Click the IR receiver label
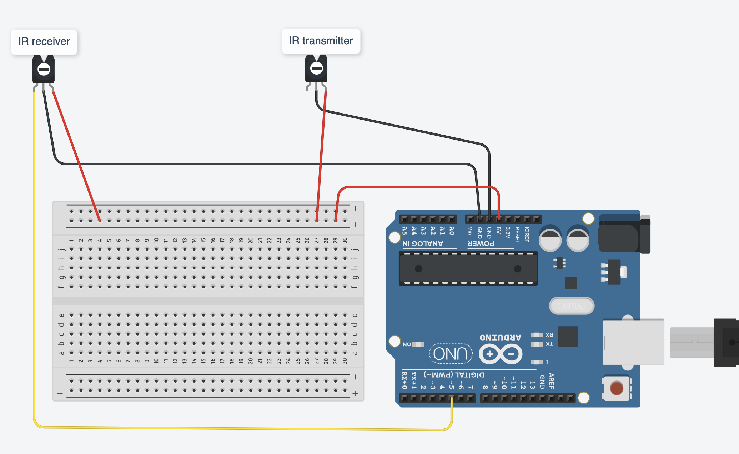(44, 42)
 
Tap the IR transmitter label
(321, 41)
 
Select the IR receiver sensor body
(44, 69)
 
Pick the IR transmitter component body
(316, 69)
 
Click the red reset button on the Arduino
(617, 388)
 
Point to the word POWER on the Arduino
(481, 244)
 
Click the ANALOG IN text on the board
(423, 244)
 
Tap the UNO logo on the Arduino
(450, 354)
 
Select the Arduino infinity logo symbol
(501, 354)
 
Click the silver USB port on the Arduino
(633, 342)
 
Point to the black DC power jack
(624, 234)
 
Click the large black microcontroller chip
(468, 268)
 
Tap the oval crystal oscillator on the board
(571, 306)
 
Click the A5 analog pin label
(404, 231)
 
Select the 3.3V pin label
(508, 233)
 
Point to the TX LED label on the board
(549, 344)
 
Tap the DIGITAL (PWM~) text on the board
(454, 375)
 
